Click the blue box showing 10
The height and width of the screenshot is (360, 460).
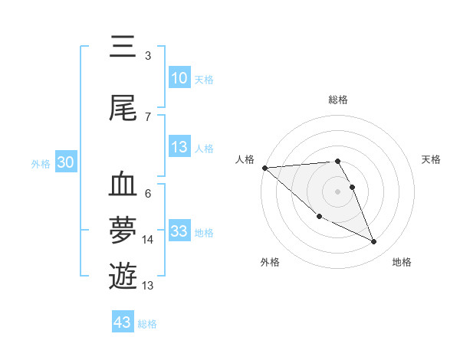point(179,78)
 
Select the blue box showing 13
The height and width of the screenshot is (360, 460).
point(179,148)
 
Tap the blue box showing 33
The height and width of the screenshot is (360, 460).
point(179,231)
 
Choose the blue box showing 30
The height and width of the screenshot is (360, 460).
point(65,162)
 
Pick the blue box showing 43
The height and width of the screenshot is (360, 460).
point(123,322)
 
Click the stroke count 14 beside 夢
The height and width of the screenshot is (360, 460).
point(148,240)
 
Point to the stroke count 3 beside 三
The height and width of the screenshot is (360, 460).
point(147,56)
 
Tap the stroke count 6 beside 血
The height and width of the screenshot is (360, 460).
point(147,193)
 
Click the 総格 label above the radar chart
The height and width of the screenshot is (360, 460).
point(338,100)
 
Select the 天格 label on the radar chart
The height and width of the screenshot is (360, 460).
point(432,159)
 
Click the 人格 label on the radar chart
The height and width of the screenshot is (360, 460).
point(245,159)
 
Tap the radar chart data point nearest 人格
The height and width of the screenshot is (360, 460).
point(264,168)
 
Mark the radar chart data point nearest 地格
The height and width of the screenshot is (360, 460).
point(374,242)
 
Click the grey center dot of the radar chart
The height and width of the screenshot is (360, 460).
point(337,191)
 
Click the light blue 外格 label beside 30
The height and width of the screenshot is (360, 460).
point(41,163)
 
